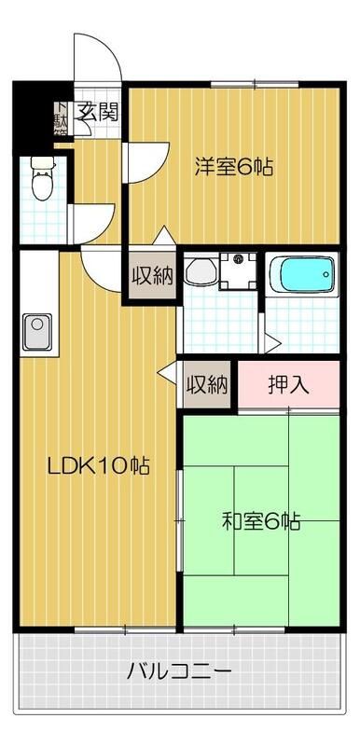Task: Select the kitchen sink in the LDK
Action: coord(37,331)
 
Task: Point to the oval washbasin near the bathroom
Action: coord(198,272)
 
